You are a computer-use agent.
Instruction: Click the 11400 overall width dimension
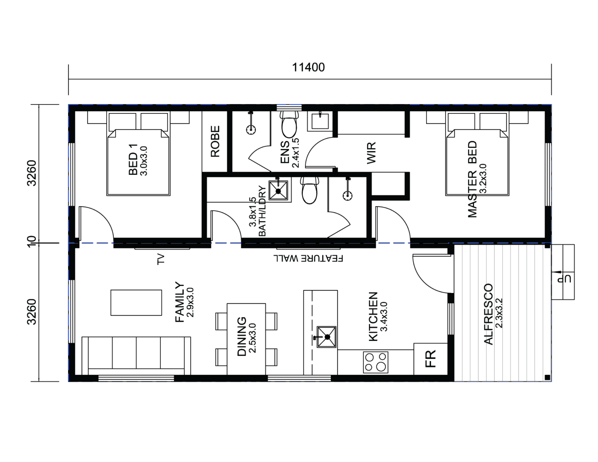(308, 67)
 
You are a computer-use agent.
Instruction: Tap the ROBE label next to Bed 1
(215, 141)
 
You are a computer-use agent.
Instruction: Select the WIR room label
(371, 153)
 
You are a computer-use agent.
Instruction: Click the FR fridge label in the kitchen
(430, 359)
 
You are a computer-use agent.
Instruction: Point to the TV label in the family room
(161, 259)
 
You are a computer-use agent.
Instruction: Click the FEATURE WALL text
(308, 258)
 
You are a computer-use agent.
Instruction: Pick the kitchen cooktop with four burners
(376, 362)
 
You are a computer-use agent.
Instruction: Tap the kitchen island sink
(326, 337)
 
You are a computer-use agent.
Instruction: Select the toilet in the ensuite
(289, 124)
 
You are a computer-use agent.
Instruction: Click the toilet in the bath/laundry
(309, 190)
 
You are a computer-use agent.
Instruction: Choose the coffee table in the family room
(136, 302)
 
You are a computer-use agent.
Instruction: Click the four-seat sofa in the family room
(136, 356)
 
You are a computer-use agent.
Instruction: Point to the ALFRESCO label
(488, 314)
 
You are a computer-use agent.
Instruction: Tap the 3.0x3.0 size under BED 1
(144, 161)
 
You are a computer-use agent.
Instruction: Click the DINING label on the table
(242, 336)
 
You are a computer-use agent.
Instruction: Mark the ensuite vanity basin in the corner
(320, 121)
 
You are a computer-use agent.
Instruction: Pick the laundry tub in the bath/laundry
(278, 190)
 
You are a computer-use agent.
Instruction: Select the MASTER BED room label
(472, 179)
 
